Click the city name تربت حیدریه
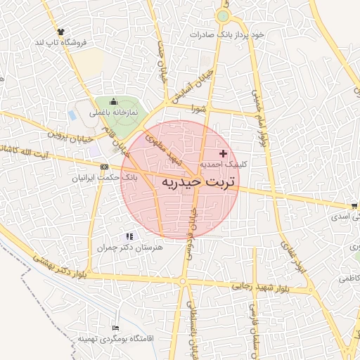point(198,181)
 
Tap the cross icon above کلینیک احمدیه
point(224,153)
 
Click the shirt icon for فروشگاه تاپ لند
point(60,32)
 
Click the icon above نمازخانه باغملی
point(114,102)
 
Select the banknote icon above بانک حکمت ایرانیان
point(105,167)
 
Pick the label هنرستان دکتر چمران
point(128,248)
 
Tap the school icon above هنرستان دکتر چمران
point(128,237)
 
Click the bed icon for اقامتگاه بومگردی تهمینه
point(116,328)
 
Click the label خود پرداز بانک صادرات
point(223,33)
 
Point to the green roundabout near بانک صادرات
point(223,16)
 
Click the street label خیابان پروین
point(71,133)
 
